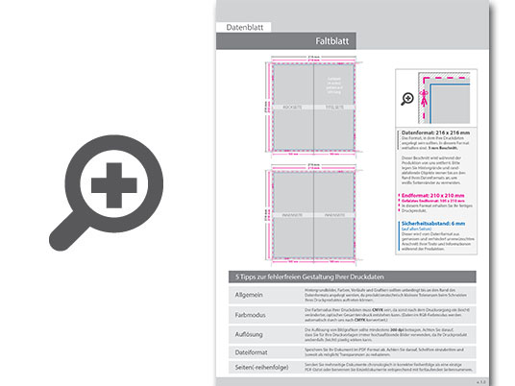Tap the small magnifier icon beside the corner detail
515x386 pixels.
(x=407, y=98)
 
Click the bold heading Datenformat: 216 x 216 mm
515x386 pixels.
(x=438, y=133)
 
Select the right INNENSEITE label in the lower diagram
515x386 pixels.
(x=336, y=215)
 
